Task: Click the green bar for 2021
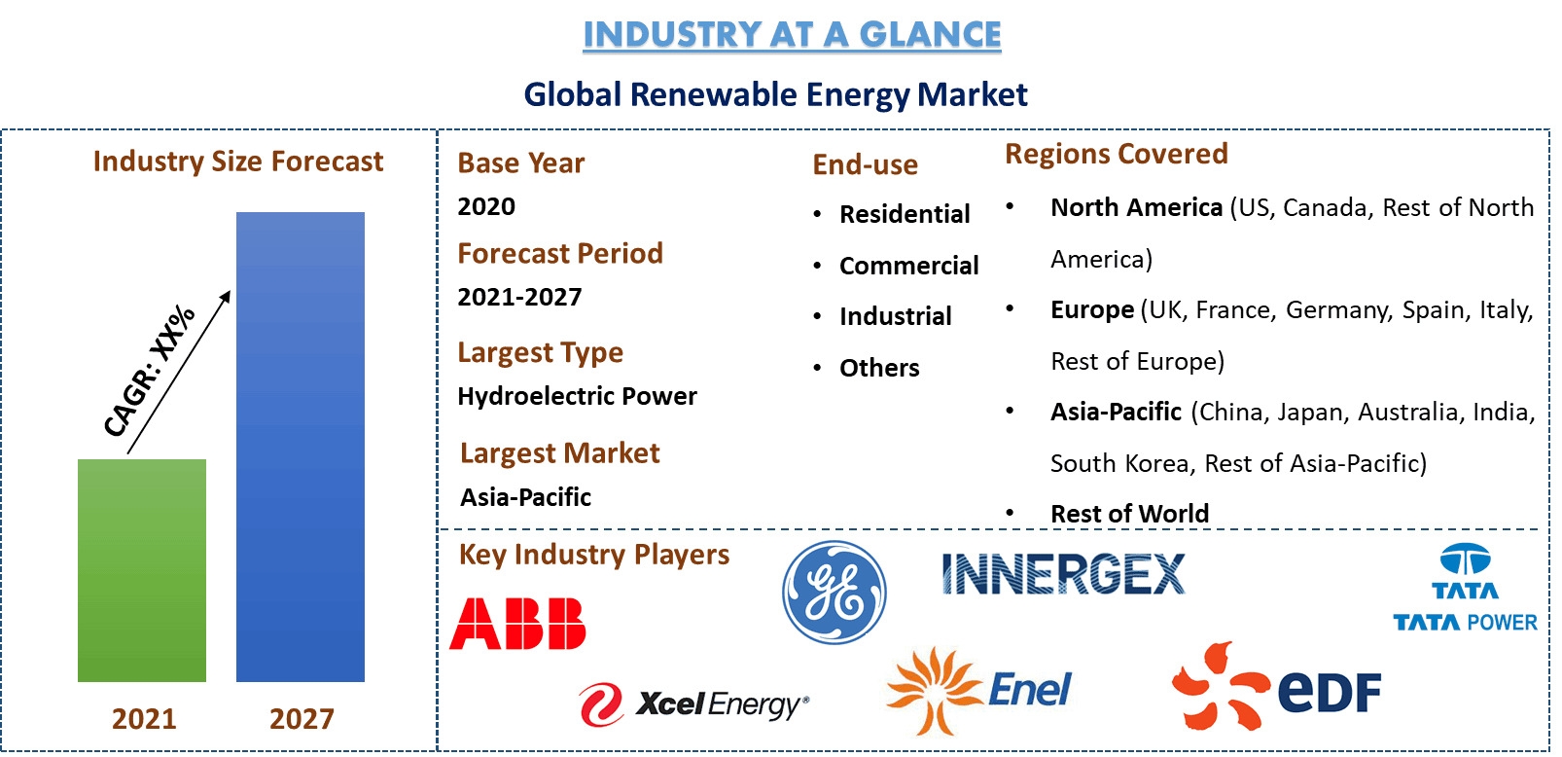click(142, 570)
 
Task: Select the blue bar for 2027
click(301, 447)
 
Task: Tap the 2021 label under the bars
click(144, 719)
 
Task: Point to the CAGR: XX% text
click(149, 371)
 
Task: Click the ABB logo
click(517, 623)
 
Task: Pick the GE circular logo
click(834, 593)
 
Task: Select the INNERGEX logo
click(1063, 574)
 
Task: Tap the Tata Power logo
click(1465, 588)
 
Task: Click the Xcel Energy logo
click(693, 704)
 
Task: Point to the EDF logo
click(1276, 687)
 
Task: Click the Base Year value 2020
click(486, 206)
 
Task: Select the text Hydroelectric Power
click(577, 396)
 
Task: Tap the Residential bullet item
click(905, 214)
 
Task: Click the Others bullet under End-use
click(879, 368)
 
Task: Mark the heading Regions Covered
click(1116, 154)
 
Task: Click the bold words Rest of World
click(1129, 514)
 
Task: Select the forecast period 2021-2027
click(519, 297)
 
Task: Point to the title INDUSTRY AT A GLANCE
click(792, 35)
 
